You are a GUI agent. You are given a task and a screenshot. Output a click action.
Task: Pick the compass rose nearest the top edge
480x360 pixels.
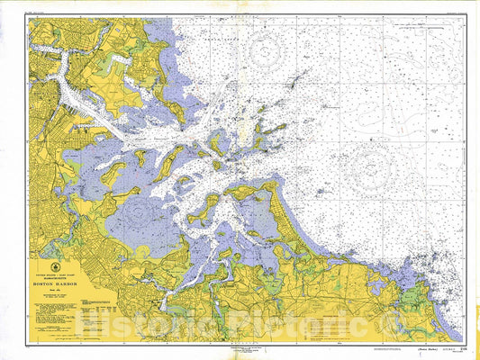coord(265,53)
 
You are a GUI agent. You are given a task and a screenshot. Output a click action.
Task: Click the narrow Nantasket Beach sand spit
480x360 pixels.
coord(289,216)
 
